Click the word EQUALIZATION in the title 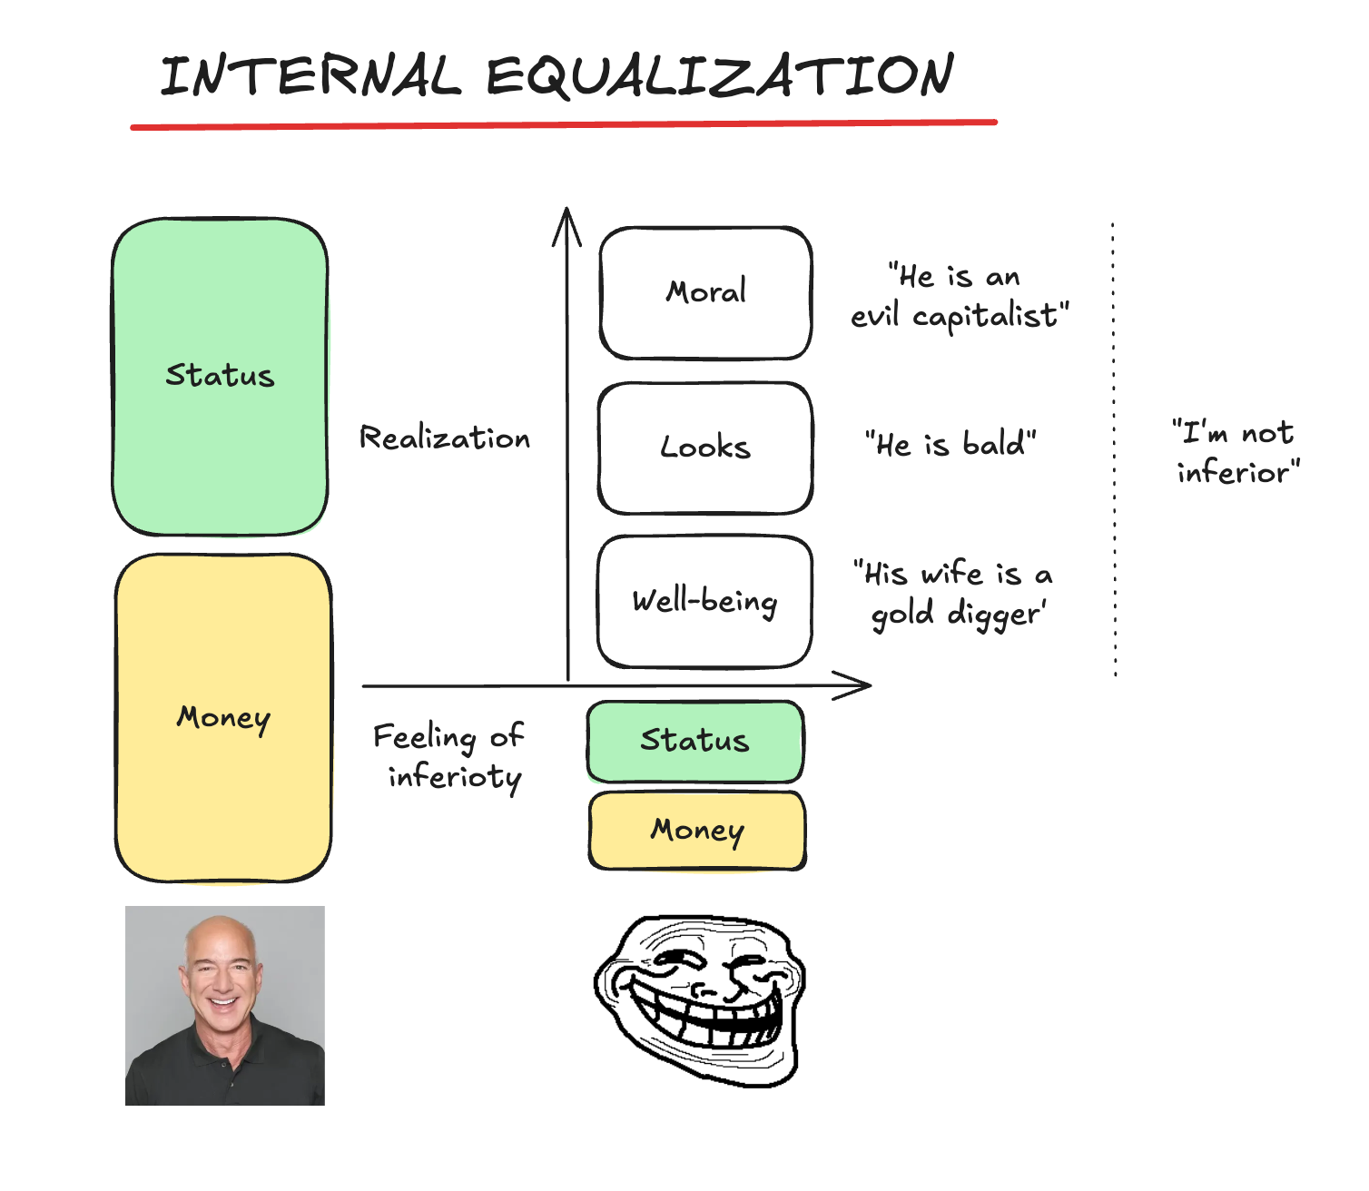coord(720,76)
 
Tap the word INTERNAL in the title coord(310,76)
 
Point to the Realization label coord(445,438)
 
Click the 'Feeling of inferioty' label coord(449,756)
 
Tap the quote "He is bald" coord(950,444)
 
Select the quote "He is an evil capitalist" coord(959,296)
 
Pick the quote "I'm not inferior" coord(1236,452)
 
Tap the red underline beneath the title coord(563,124)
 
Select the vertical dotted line coord(1114,449)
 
